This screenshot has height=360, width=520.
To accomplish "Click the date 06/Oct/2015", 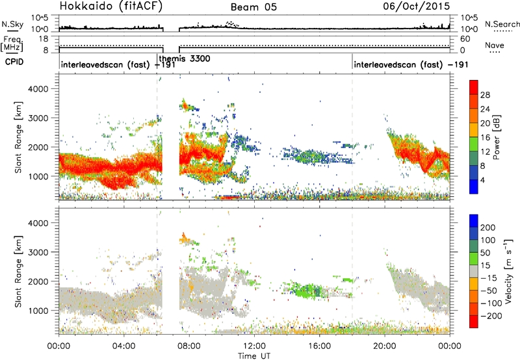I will pyautogui.click(x=422, y=6).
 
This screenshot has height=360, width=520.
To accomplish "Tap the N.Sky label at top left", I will pyautogui.click(x=11, y=25).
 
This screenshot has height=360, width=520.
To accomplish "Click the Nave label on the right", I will pyautogui.click(x=496, y=45).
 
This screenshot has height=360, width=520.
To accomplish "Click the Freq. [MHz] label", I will pyautogui.click(x=10, y=43).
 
